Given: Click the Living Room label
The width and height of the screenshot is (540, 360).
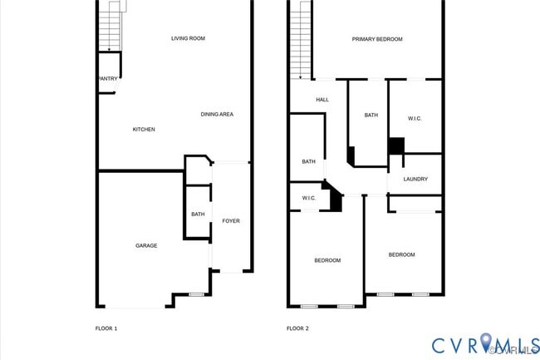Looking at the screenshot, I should [x=188, y=38].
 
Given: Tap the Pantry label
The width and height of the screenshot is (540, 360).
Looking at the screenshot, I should [x=107, y=79].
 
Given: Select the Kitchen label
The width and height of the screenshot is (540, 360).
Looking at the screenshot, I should [x=144, y=129].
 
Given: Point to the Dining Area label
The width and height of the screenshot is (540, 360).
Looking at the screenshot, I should [x=217, y=114].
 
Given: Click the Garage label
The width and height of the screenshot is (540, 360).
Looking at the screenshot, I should [x=146, y=245].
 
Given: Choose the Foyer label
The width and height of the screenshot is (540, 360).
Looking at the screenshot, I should [x=230, y=220].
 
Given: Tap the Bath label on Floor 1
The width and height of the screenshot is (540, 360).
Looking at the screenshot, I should [x=198, y=215].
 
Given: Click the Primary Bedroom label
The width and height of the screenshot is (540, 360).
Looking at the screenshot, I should [x=376, y=39].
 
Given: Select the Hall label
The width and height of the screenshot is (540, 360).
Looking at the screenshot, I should [x=322, y=100].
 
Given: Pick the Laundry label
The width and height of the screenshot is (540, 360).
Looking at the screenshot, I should [x=415, y=180].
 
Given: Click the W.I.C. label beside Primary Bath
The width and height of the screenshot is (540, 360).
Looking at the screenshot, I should [x=415, y=119].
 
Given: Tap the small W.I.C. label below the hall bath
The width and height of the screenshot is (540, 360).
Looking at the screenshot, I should [x=308, y=198].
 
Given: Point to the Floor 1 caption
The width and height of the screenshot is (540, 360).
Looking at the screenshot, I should [x=106, y=328].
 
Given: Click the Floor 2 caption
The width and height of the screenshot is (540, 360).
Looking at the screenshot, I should [x=297, y=328].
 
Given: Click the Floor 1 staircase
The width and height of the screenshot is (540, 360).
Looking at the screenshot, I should [x=110, y=27].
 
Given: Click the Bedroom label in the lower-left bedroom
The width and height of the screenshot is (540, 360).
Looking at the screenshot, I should [x=327, y=260].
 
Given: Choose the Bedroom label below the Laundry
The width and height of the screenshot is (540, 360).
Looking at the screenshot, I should [x=402, y=254].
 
